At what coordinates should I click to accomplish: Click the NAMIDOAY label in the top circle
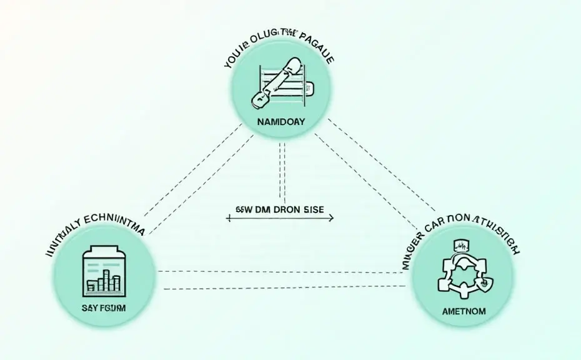coord(281,122)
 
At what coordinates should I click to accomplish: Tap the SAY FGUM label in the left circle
coord(102,307)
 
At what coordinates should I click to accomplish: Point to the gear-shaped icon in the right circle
coord(463,271)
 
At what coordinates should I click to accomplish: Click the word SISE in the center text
coord(309,210)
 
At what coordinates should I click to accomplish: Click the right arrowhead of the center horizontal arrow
coord(331,218)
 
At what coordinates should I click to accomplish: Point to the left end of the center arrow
coord(229,218)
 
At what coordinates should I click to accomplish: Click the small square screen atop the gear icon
coord(463,244)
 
